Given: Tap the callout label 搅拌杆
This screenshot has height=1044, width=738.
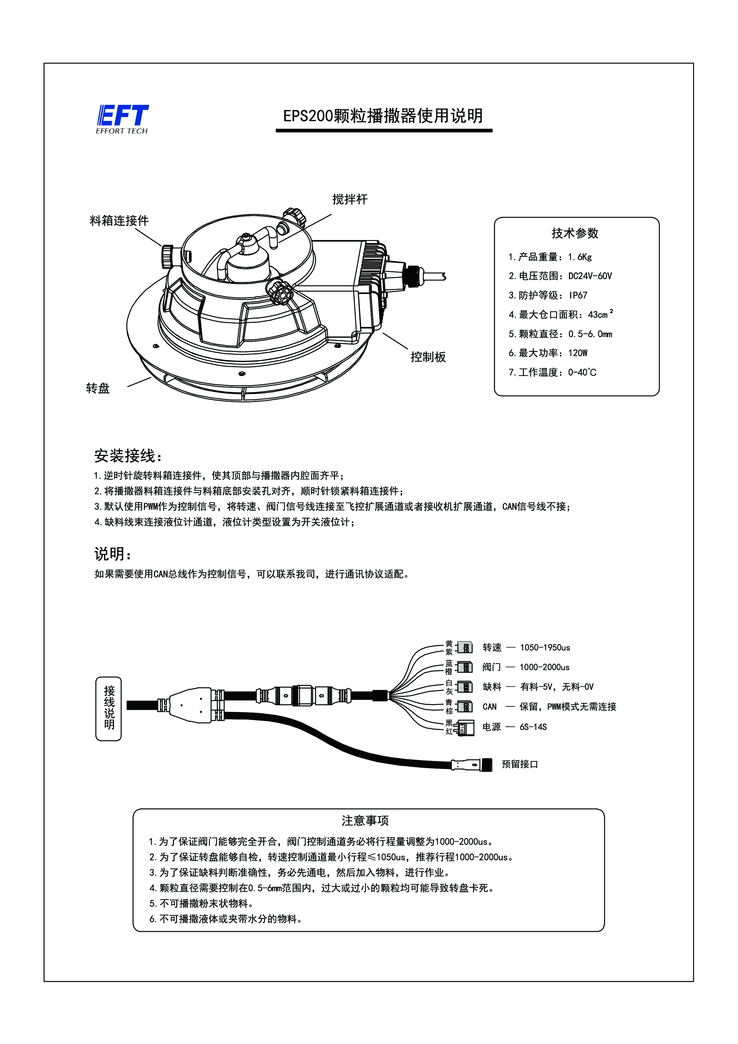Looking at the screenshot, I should tap(350, 199).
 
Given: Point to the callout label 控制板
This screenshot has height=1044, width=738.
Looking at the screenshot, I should tap(428, 357).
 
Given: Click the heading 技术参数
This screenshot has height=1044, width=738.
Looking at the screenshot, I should tap(575, 233).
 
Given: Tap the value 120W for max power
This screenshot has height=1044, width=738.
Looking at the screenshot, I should tap(578, 353).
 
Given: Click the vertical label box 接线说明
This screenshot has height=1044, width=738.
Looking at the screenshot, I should tap(109, 708).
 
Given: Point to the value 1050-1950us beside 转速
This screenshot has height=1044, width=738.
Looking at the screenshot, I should tap(545, 648).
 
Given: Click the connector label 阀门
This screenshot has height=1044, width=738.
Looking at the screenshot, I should tap(492, 667).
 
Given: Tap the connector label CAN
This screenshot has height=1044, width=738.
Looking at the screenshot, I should tap(490, 707).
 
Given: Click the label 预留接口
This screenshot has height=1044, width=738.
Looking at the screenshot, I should tap(520, 764).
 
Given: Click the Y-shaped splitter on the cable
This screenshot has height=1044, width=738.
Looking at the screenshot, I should tap(191, 705).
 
